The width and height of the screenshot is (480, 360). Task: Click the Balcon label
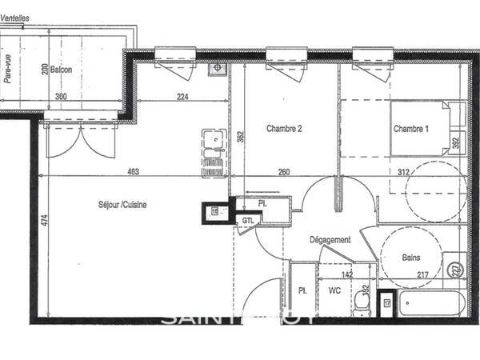(x=61, y=70)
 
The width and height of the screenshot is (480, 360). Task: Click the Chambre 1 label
(x=410, y=129)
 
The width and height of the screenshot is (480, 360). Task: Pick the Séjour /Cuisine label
(x=122, y=205)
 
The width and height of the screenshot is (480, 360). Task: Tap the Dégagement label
(x=330, y=240)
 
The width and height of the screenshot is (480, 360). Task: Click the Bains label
(x=410, y=258)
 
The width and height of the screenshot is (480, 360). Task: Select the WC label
(x=334, y=291)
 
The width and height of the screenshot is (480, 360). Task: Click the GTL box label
(x=247, y=221)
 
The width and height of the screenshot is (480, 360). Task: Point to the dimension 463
(x=133, y=171)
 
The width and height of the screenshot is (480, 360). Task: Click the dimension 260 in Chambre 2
(x=284, y=171)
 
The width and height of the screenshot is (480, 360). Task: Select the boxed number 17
(x=387, y=302)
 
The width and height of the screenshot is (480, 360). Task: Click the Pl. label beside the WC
(x=302, y=291)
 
